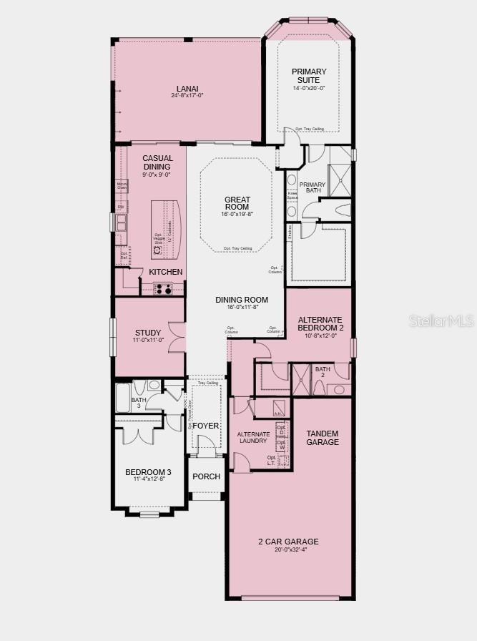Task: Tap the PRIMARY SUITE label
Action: pos(309,75)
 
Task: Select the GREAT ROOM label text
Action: pos(237,204)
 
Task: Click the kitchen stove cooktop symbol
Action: pos(163,288)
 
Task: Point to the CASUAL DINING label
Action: pos(157,162)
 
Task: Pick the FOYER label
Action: pos(205,426)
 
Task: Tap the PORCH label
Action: pos(207,476)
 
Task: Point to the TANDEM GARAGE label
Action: pos(323,438)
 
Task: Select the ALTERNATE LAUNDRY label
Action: pos(253,437)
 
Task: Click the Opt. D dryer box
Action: pos(282,431)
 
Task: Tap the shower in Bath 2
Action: pos(301,379)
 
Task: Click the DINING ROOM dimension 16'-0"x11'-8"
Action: pos(242,308)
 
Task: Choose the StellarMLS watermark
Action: pos(441,322)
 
